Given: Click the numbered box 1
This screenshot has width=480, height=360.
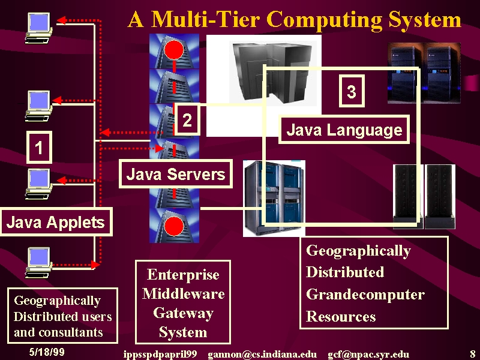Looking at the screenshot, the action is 39,147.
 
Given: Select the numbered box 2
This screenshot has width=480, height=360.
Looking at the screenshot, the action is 187,119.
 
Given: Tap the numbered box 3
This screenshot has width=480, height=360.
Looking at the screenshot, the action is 352,91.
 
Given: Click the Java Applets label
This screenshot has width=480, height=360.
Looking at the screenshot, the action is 56,222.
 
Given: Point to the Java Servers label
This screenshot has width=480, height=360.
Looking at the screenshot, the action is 175,174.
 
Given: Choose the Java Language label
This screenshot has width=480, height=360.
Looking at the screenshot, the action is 344,130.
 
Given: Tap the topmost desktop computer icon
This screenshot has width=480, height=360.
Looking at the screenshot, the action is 39,28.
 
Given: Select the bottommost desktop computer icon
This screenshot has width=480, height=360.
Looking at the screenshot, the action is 38,263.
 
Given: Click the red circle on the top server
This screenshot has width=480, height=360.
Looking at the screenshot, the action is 174,49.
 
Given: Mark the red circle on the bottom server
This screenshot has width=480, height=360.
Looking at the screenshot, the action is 174,227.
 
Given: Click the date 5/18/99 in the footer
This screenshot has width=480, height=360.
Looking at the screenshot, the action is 47,352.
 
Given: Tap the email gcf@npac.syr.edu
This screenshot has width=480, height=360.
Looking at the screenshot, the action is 368,354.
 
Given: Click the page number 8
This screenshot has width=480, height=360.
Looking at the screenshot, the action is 473,353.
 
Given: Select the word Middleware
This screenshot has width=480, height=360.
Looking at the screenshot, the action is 184,293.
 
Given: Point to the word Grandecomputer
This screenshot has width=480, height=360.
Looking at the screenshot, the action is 365,294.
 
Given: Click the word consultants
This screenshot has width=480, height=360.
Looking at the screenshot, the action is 71,332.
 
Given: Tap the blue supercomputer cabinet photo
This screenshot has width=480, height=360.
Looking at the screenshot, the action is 274,199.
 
